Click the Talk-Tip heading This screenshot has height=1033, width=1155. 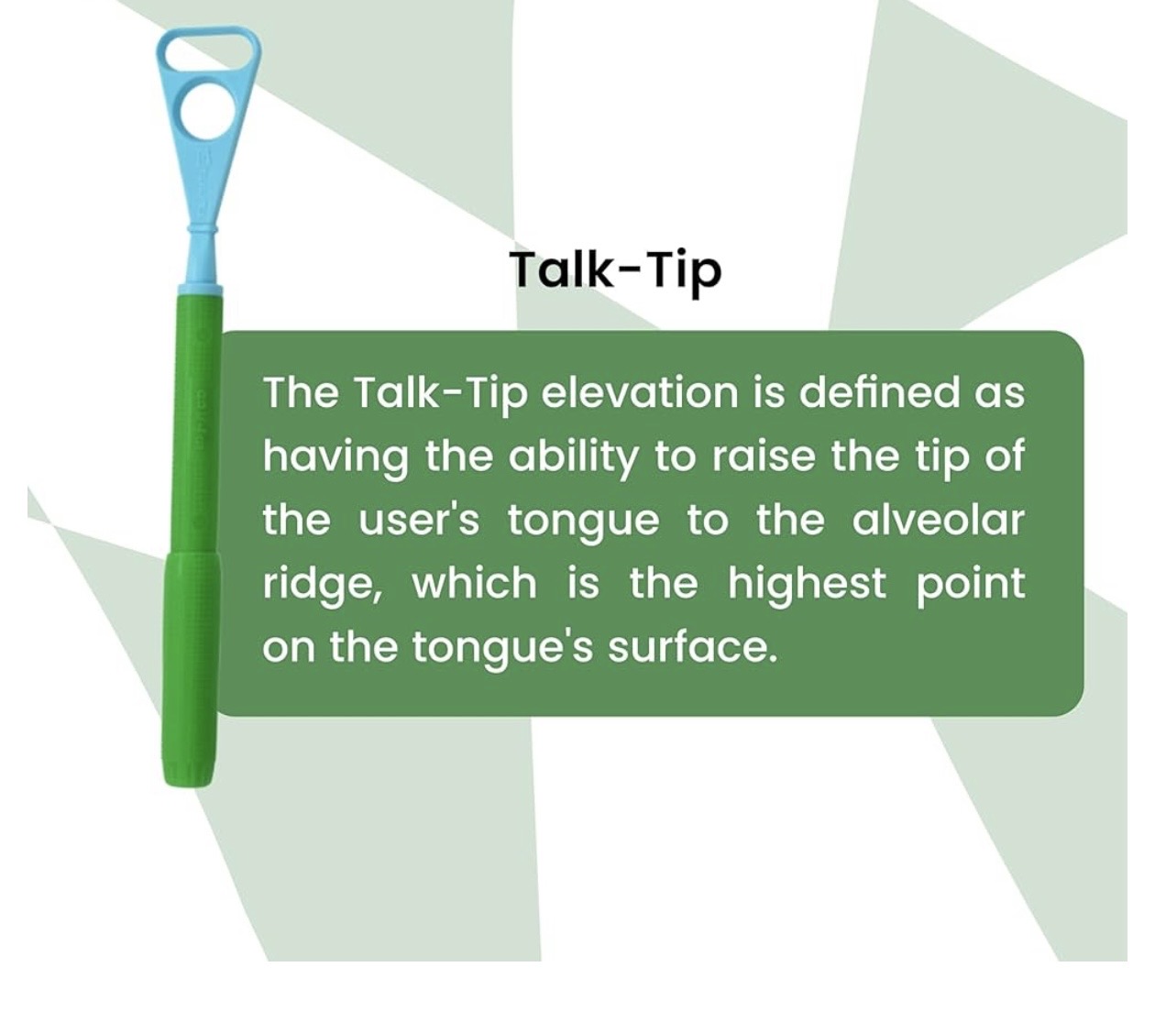[615, 270]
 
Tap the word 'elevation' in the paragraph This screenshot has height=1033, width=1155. [639, 393]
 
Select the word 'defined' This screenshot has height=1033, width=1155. [879, 393]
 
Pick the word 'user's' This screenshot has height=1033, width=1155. [419, 521]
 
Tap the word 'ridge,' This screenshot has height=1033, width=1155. [322, 586]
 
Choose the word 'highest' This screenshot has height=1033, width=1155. [807, 586]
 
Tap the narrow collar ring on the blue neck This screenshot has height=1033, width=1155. [202, 228]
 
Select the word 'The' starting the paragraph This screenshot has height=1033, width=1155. [301, 393]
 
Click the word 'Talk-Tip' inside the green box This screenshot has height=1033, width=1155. [441, 394]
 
